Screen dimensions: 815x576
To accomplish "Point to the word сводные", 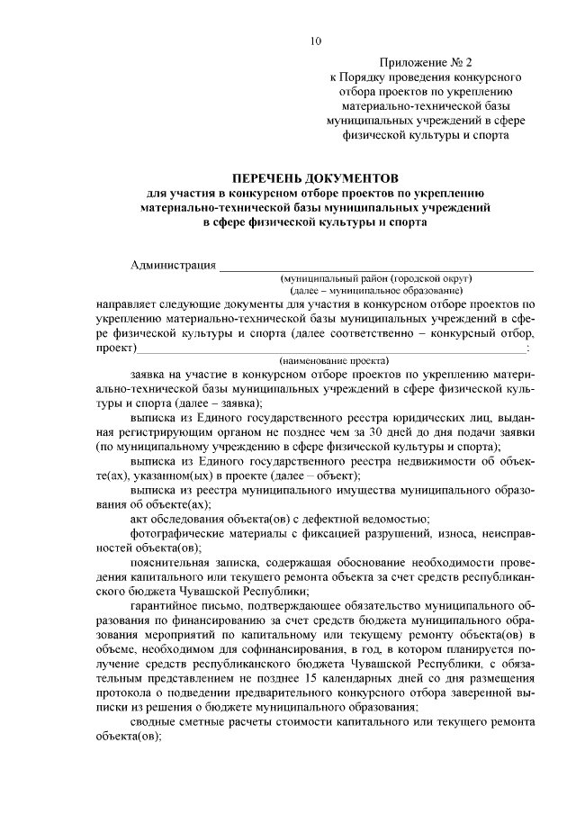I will [x=153, y=722].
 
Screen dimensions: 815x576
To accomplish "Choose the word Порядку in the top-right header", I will [x=367, y=77].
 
